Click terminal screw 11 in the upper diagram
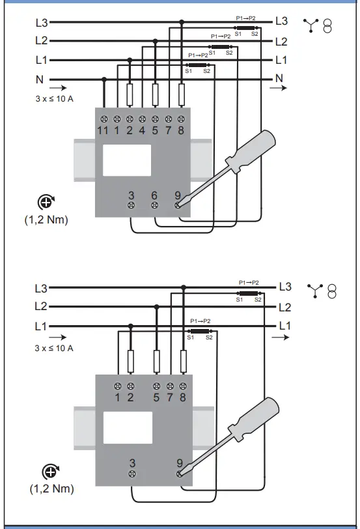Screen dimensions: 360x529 point(104,119)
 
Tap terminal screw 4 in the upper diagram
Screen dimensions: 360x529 point(143,119)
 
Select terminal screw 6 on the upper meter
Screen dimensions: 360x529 point(154,205)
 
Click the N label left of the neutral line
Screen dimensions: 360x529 point(40,79)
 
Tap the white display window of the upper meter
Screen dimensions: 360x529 point(127,160)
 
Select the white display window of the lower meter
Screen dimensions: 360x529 point(128,427)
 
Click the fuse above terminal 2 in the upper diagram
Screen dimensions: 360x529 point(130,94)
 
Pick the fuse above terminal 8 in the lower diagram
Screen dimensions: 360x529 point(184,362)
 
